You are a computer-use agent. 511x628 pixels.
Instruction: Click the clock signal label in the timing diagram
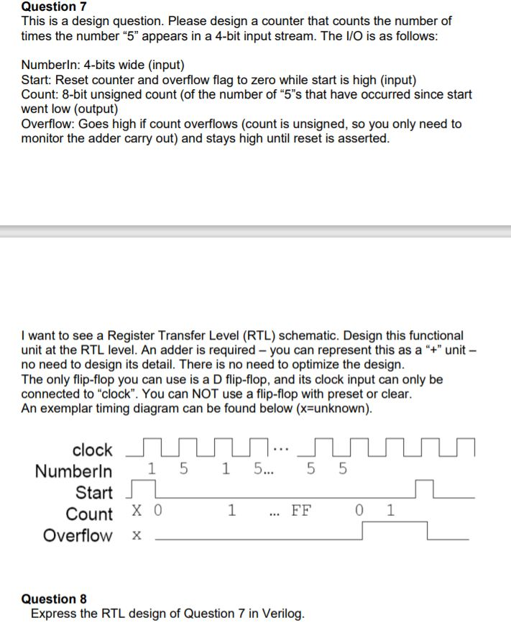point(92,450)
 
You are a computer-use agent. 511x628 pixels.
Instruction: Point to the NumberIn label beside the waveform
point(73,472)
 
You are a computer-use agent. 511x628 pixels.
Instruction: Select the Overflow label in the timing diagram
point(78,536)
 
